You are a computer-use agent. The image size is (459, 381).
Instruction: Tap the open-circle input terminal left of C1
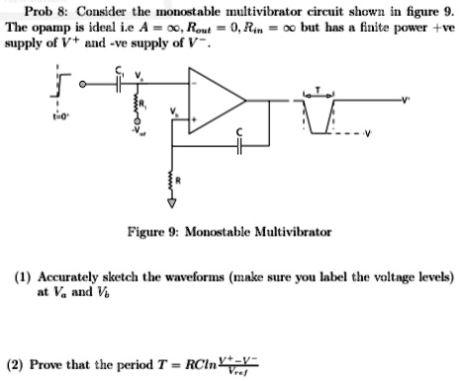pos(83,84)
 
